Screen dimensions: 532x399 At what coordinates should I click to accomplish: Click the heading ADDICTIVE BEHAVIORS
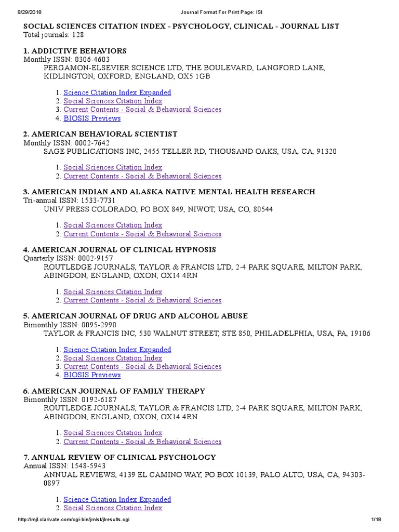coord(79,51)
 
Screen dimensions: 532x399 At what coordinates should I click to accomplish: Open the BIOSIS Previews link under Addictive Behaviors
coord(92,118)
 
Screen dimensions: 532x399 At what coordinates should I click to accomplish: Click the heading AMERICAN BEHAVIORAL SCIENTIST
coord(104,134)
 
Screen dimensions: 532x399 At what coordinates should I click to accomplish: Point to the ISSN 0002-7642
coord(92,143)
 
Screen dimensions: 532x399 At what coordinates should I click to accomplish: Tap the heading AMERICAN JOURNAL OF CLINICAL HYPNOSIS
coord(123,250)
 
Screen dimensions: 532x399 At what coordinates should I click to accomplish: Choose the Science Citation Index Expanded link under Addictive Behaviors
coord(117,92)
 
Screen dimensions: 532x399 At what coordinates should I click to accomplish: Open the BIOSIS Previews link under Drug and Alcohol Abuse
coord(92,375)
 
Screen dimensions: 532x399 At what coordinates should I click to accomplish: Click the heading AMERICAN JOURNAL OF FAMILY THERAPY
coord(118,391)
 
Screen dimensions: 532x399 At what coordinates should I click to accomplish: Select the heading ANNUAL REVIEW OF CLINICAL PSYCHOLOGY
coord(123,457)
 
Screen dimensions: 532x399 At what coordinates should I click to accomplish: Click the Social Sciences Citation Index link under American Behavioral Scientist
coord(113,167)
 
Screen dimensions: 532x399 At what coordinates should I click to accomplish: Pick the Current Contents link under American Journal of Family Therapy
coord(142,442)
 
